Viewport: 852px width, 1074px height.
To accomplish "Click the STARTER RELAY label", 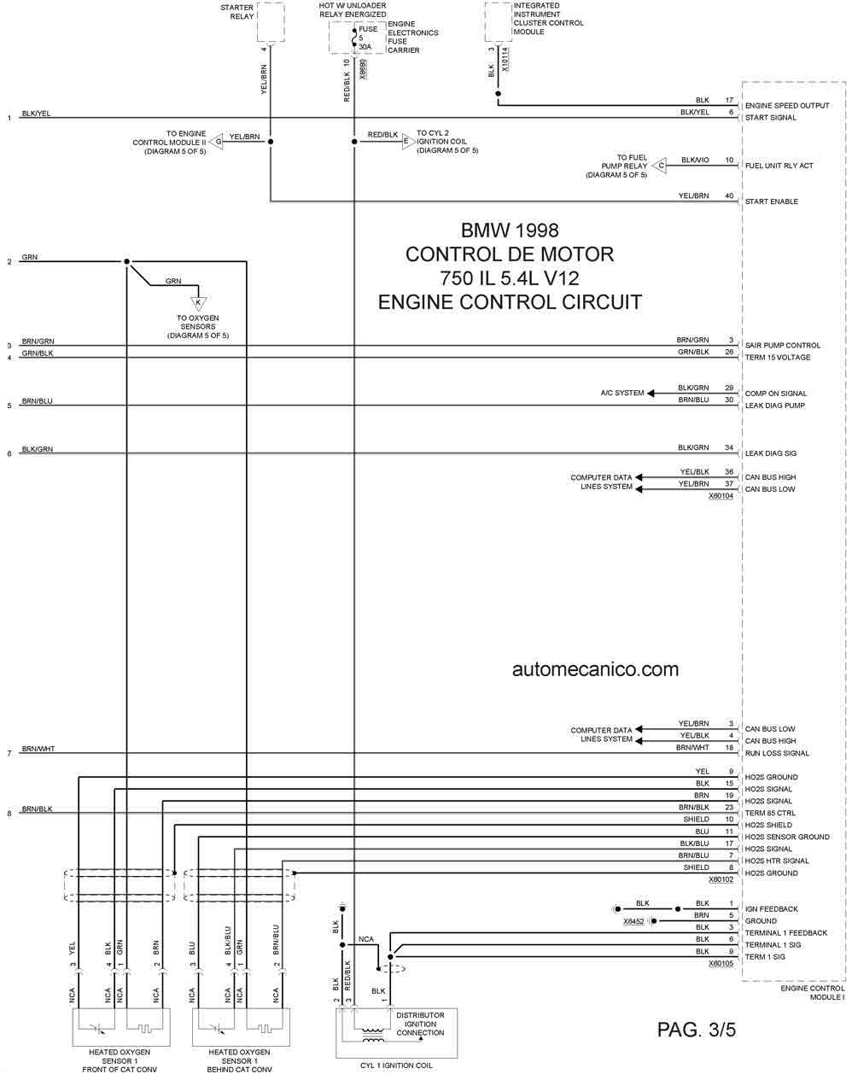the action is point(237,12).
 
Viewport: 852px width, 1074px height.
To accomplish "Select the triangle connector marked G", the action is point(216,141).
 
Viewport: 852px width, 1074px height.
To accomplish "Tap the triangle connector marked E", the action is point(409,141).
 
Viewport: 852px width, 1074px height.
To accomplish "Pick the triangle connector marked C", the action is point(660,165).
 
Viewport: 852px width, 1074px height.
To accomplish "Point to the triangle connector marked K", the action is point(198,303).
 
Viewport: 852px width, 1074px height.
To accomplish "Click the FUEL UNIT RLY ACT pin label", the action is point(779,166).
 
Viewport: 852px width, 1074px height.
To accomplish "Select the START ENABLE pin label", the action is point(771,201).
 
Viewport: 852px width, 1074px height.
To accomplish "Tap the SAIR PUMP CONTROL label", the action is point(782,346).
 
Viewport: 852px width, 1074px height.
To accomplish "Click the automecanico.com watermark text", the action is point(595,669).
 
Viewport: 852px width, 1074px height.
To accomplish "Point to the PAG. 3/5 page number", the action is point(697,1030).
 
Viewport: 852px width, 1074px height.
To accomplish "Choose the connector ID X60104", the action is point(721,496).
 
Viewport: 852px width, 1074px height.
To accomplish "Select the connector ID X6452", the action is point(633,921).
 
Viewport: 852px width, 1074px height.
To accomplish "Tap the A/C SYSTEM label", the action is point(621,394).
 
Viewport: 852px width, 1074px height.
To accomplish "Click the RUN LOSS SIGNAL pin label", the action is point(777,753).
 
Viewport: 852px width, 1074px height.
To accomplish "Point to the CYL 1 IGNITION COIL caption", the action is point(396,1065).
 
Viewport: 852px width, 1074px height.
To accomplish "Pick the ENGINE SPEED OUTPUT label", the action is point(787,106).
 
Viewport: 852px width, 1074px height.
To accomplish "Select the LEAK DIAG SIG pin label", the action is point(771,453).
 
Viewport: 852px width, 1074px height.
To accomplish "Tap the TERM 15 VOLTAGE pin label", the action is point(778,358).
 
